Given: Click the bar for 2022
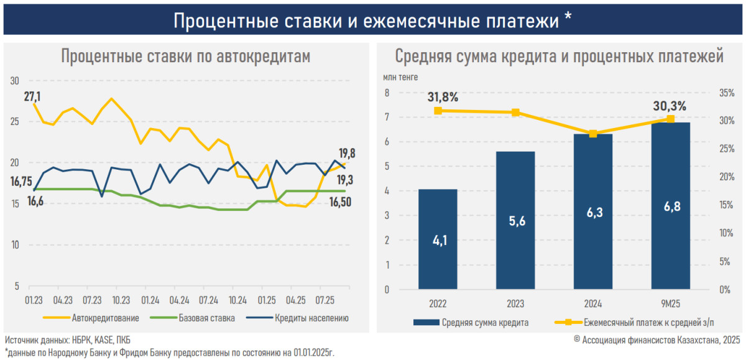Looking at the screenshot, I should click(x=438, y=239).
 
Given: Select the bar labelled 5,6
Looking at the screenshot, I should click(x=515, y=220).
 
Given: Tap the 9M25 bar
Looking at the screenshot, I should click(x=670, y=206).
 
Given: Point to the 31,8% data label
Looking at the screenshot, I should click(x=443, y=97).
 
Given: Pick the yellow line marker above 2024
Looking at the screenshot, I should click(x=593, y=134).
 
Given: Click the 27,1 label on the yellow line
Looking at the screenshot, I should click(x=32, y=96).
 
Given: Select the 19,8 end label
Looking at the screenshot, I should click(x=347, y=153).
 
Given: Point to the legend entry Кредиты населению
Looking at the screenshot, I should click(x=311, y=318).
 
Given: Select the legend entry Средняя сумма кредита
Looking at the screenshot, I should click(x=486, y=323).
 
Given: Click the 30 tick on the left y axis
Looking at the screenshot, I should click(x=15, y=80).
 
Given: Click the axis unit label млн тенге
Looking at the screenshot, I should click(x=400, y=78).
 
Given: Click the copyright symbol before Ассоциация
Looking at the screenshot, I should click(x=577, y=339).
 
